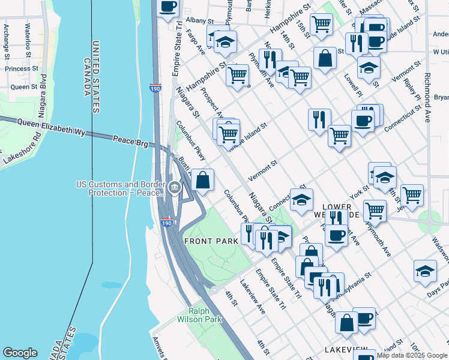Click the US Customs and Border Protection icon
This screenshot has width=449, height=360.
tap(174, 187)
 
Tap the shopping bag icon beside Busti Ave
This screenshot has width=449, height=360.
tap(203, 179)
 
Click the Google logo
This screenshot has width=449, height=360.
tap(20, 352)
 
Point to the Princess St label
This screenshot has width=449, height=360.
tap(22, 68)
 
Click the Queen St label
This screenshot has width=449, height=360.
tap(24, 87)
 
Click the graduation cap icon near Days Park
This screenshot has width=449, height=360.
tap(425, 271)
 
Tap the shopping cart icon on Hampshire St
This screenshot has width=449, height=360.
tap(238, 76)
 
